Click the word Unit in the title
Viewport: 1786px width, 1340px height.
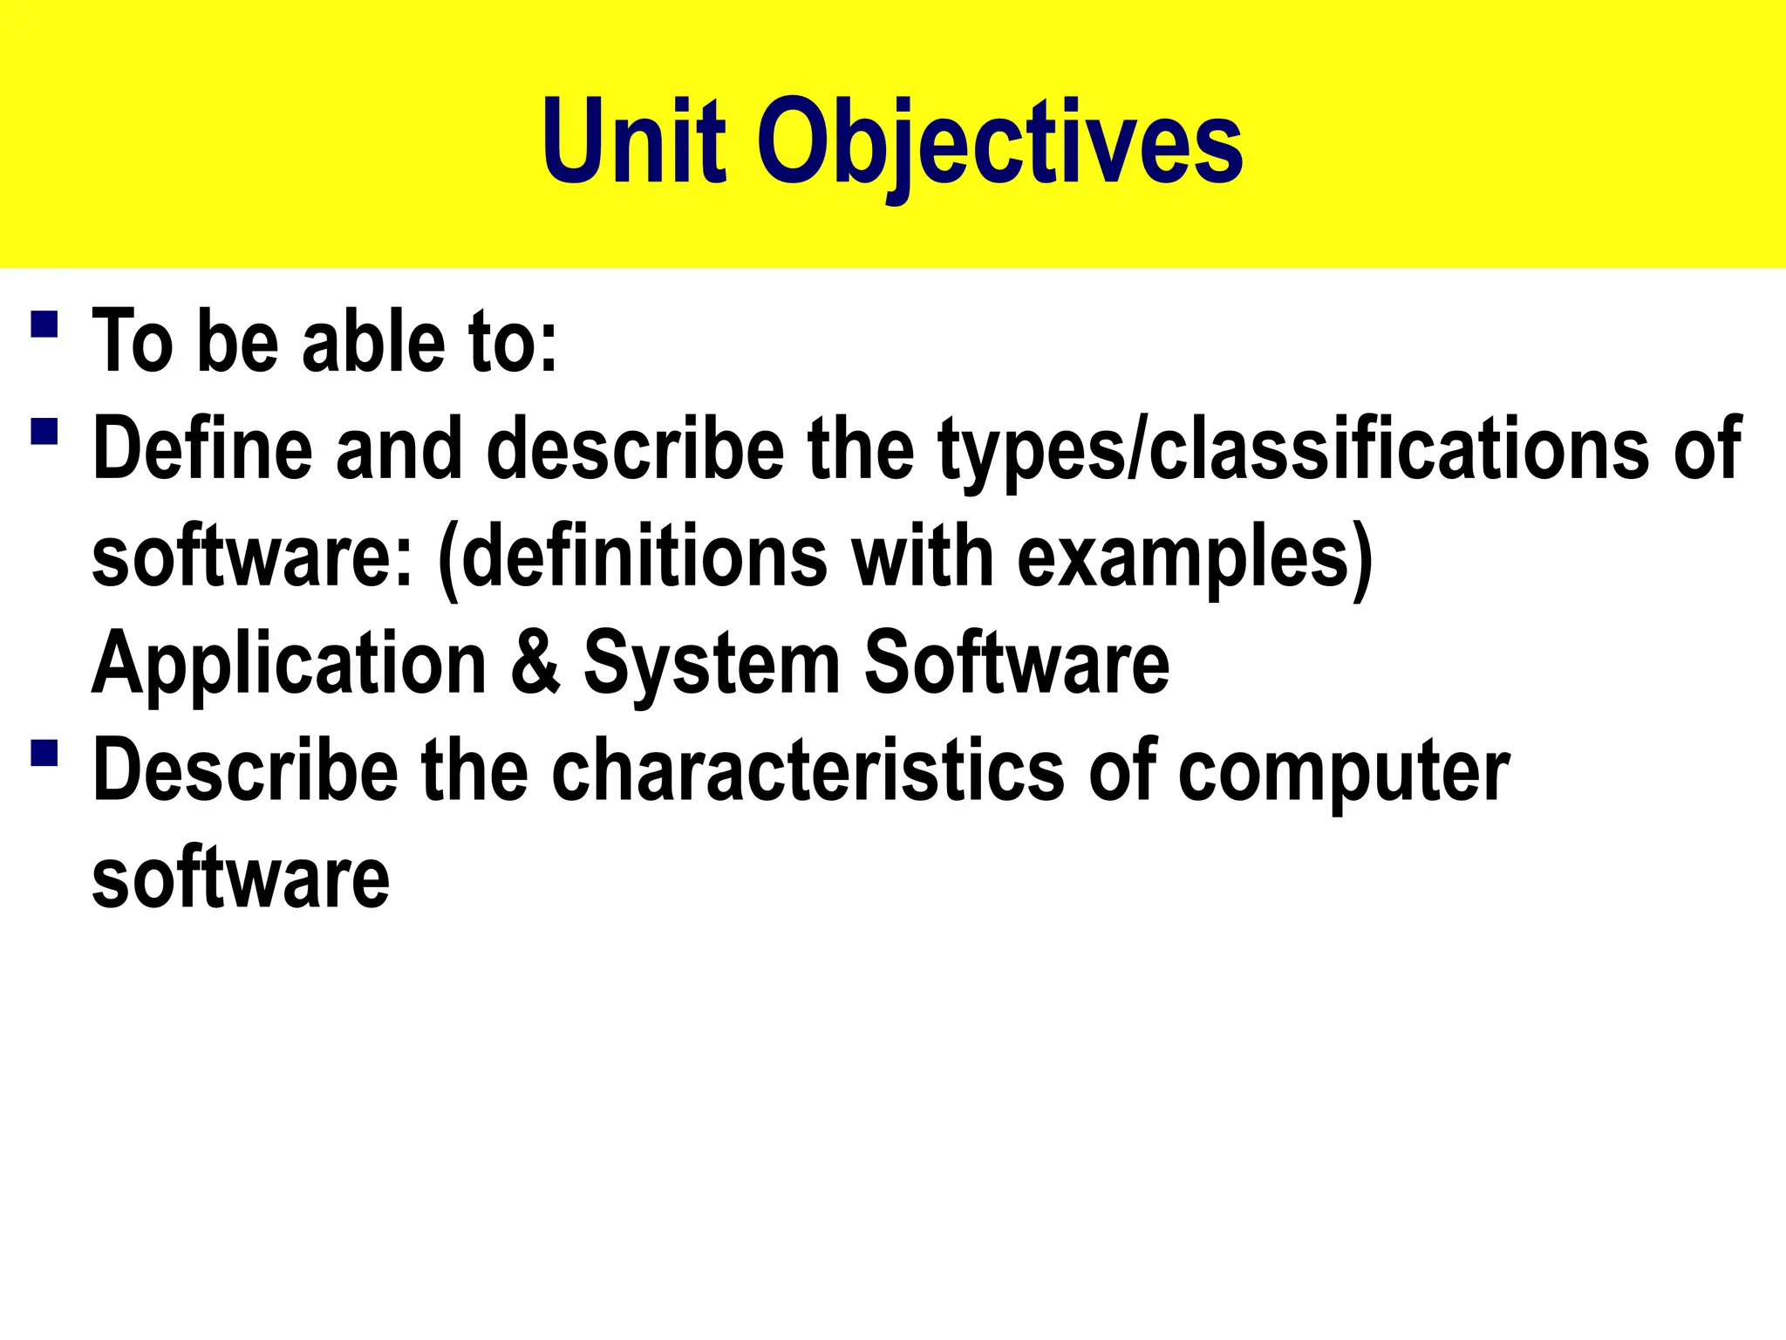(634, 141)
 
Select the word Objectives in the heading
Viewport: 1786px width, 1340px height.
(999, 144)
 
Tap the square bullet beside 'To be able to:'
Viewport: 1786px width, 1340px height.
(44, 325)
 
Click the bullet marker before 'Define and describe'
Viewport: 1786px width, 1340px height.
(44, 432)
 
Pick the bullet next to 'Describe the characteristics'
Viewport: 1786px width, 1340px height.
(44, 753)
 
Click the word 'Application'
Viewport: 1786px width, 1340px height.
(289, 666)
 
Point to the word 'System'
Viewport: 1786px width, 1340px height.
(712, 666)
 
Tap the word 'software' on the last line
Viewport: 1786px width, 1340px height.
(241, 878)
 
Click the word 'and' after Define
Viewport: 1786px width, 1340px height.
(399, 448)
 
